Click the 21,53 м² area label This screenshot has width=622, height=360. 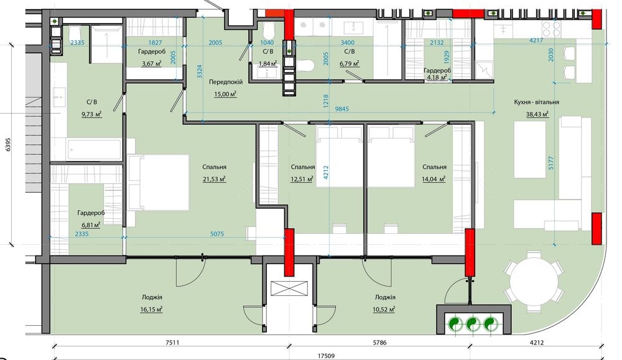pos(214,179)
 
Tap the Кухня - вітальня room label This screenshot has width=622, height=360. pos(536,102)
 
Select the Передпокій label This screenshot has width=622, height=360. pos(226,82)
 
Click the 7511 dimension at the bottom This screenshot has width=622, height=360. pos(172,343)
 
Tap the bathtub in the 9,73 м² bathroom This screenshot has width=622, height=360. pos(94,149)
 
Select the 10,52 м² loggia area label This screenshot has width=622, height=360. pos(384,309)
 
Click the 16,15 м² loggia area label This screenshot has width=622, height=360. pos(152,309)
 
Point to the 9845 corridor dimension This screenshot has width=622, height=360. pos(342,109)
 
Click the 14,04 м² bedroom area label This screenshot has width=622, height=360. pos(434,179)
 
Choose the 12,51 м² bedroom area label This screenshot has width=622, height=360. pos(302,179)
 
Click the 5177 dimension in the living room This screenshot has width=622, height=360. pos(550,163)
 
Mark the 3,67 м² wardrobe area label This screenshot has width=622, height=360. pos(151,63)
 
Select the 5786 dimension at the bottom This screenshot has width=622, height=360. pos(379,343)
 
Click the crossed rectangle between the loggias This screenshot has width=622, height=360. pos(289,288)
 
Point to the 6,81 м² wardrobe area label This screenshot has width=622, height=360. pos(91,225)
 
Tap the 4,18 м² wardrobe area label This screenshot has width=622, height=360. pos(437,77)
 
